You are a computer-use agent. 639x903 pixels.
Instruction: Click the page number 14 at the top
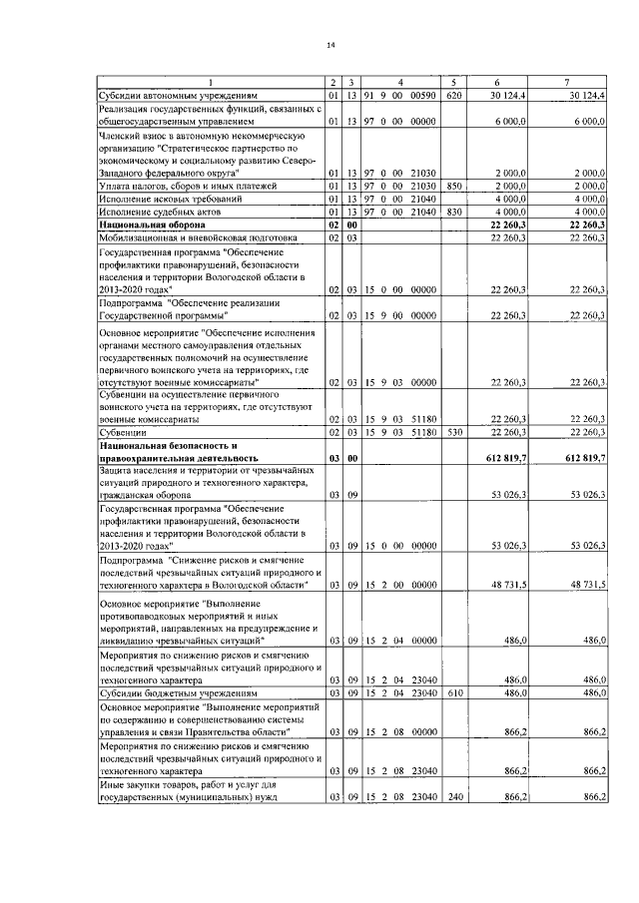click(x=329, y=45)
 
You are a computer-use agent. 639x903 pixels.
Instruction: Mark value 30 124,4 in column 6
click(x=509, y=95)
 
